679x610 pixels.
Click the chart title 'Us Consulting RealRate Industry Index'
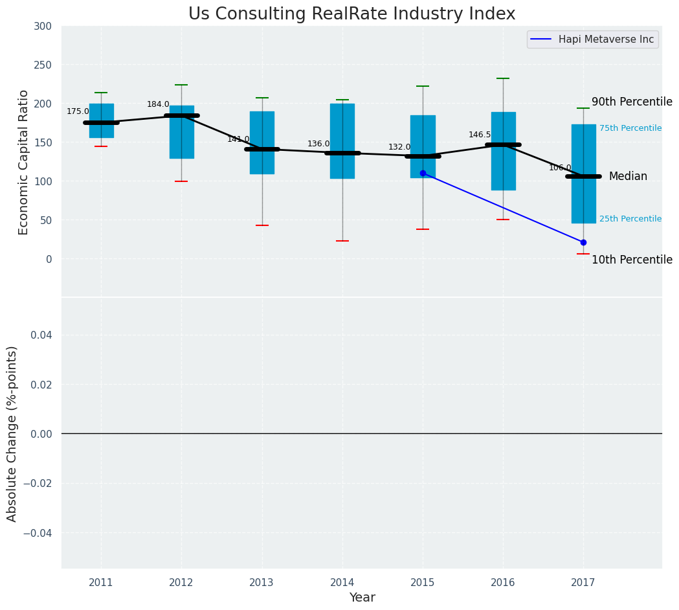pos(351,14)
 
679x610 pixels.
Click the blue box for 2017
pos(583,194)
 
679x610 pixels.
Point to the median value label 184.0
pos(158,104)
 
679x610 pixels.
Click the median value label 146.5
pos(480,135)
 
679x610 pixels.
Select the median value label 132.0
pos(399,147)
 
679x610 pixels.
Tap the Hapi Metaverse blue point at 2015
pos(423,173)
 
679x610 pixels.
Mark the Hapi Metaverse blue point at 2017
pos(583,242)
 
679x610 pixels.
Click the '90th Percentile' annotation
pos(632,102)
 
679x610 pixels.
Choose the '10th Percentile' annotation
pos(632,260)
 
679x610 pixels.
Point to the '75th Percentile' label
pos(630,128)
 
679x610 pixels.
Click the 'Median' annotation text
pos(628,176)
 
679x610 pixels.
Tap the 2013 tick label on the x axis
pos(262,583)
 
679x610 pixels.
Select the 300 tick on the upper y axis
pos(43,26)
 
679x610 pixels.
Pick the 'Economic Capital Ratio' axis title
pos(24,162)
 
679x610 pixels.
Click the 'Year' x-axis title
pos(362,598)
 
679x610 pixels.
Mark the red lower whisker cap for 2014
pos(342,241)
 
